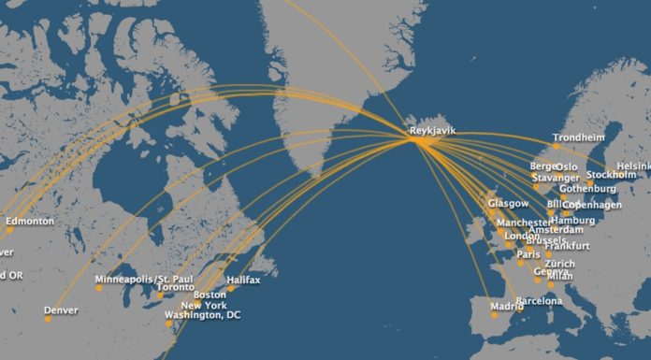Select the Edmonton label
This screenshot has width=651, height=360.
coord(30,222)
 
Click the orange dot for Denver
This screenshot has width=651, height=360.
coord(47,319)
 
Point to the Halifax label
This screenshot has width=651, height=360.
coord(243,280)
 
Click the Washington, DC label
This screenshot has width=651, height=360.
coord(202,315)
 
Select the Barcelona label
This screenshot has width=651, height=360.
coord(539,301)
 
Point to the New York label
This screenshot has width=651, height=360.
coord(204,306)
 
